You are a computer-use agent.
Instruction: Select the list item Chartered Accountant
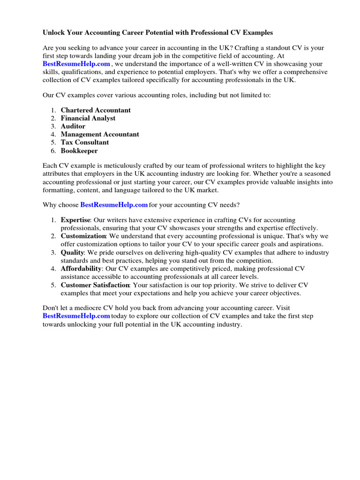[x=96, y=110]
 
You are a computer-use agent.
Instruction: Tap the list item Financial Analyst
[x=88, y=118]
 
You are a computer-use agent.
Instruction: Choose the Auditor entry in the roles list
[x=73, y=126]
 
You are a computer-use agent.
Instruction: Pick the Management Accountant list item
[x=100, y=134]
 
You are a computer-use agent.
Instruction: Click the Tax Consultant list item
[x=85, y=142]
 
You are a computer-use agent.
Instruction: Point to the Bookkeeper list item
[x=79, y=150]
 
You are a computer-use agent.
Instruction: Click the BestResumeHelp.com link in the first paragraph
[x=76, y=64]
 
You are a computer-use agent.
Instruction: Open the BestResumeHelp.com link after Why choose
[x=114, y=205]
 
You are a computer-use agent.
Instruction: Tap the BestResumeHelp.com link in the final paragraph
[x=76, y=316]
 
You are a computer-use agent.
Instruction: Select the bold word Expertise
[x=75, y=220]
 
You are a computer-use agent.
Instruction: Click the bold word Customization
[x=83, y=236]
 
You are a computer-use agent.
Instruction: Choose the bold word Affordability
[x=81, y=269]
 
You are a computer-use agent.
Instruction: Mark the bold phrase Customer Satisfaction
[x=95, y=285]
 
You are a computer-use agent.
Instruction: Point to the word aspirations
[x=305, y=244]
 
